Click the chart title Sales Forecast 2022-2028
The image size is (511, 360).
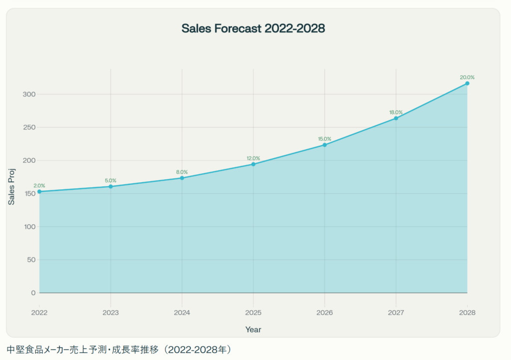(253, 28)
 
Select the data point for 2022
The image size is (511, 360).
(39, 192)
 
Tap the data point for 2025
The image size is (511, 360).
(254, 164)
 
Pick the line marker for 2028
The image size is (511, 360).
(467, 83)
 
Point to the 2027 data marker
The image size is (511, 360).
(396, 118)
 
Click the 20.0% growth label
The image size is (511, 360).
(467, 77)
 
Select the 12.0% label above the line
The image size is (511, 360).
(254, 158)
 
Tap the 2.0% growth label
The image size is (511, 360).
(39, 186)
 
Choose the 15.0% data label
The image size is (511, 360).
(324, 139)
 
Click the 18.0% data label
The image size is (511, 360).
(396, 112)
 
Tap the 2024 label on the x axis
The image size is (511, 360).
(182, 313)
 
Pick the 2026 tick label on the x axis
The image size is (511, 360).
(324, 313)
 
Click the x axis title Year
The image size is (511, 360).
(253, 330)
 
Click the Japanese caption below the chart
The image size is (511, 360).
(120, 349)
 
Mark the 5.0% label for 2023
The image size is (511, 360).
(111, 180)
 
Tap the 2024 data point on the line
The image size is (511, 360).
(182, 178)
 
